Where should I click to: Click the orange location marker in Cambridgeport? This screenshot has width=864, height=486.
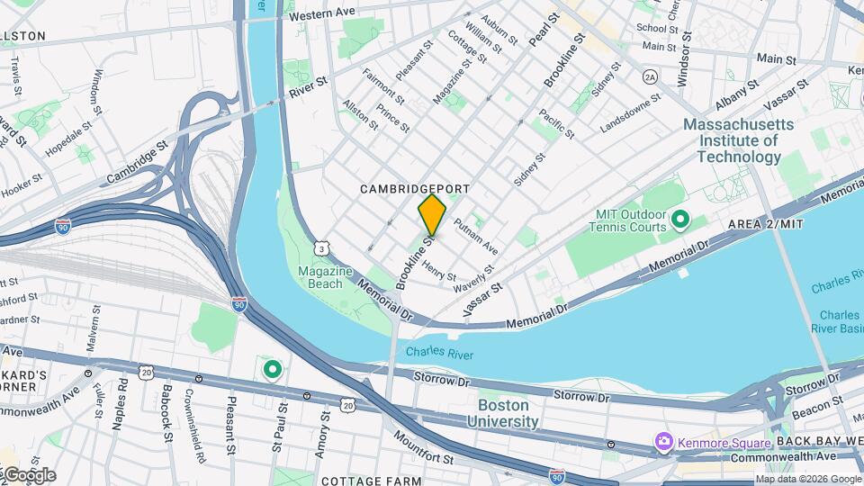tap(432, 215)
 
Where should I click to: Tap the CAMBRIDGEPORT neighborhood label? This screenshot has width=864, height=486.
tap(415, 189)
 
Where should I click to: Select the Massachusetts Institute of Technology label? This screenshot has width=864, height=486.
tap(738, 140)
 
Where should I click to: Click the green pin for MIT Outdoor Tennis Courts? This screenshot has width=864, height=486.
tap(680, 219)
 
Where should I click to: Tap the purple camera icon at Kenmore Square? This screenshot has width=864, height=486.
tap(664, 442)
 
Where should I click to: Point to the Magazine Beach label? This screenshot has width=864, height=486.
tap(320, 278)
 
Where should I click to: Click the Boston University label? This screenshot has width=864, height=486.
tap(502, 413)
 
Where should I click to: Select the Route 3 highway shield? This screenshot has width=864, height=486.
tap(321, 247)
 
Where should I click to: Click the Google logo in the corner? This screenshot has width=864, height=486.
tap(29, 475)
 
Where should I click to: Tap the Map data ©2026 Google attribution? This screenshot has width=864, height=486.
tap(807, 479)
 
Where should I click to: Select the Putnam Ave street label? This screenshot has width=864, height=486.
tap(475, 236)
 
